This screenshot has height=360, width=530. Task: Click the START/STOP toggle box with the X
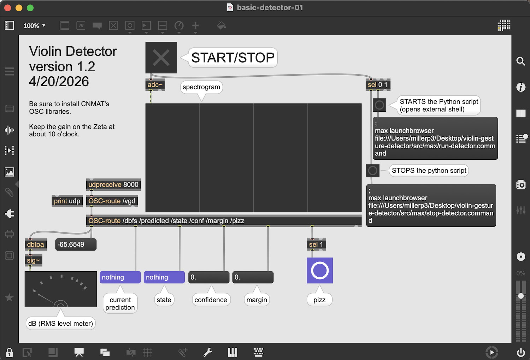[x=161, y=58]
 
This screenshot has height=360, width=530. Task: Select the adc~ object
[x=155, y=85]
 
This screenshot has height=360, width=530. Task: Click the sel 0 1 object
[x=378, y=85]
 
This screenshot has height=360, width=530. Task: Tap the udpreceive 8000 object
[x=113, y=184]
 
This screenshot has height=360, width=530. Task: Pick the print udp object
[x=67, y=201]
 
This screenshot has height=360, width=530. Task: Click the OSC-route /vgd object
[x=112, y=201]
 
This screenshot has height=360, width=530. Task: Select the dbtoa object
[x=35, y=244]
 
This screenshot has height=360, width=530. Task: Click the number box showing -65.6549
[x=76, y=244]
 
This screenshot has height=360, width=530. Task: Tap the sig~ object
[x=33, y=260]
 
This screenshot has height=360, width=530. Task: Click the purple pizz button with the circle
[x=320, y=270]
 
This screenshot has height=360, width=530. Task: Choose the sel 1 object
[x=316, y=244]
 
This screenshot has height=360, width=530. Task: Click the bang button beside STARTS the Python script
[x=379, y=105]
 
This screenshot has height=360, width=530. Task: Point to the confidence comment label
[x=211, y=300]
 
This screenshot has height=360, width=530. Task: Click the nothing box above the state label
[x=164, y=277]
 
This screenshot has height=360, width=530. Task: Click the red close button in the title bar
[x=7, y=8]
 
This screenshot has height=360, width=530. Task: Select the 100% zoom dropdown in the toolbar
[x=34, y=25]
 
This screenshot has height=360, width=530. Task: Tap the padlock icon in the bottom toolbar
[x=9, y=352]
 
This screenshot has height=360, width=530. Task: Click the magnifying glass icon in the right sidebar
[x=520, y=61]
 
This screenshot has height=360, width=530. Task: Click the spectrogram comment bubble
[x=201, y=87]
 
